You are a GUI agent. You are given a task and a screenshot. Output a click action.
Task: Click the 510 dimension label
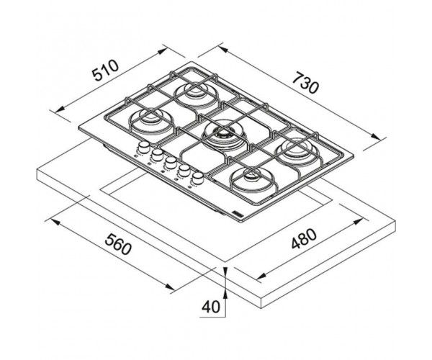click(x=105, y=71)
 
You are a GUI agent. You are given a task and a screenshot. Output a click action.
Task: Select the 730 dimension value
click(x=305, y=82)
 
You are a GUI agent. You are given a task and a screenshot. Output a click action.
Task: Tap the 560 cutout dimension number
click(x=117, y=244)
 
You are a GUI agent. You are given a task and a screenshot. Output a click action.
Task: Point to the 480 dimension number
click(x=304, y=238)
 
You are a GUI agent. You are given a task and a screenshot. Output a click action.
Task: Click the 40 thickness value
click(x=211, y=307)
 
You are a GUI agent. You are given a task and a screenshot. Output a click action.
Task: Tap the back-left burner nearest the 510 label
click(x=151, y=121)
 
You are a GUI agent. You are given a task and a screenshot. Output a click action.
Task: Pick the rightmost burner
click(x=297, y=150)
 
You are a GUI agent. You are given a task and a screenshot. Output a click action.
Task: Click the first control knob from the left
click(x=143, y=147)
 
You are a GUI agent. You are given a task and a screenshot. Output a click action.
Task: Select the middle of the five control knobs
click(x=171, y=163)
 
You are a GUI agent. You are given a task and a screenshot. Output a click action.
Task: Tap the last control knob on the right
click(x=198, y=178)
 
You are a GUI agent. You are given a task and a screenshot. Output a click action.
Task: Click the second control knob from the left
click(x=157, y=155)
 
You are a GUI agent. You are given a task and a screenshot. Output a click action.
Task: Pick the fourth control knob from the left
click(x=184, y=170)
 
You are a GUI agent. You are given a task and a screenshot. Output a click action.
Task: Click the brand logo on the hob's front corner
click(x=238, y=214)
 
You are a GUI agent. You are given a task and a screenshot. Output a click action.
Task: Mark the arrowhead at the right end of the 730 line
click(x=376, y=137)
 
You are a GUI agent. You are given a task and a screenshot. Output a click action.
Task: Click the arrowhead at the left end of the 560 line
click(x=55, y=222)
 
